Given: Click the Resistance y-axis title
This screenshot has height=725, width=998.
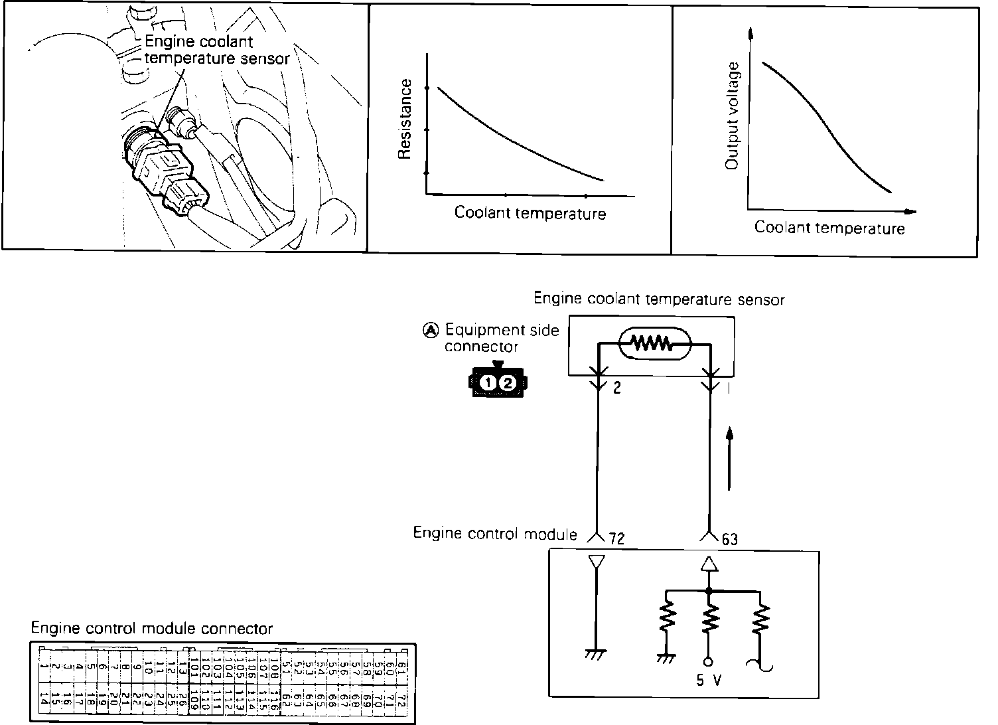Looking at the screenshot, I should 405,120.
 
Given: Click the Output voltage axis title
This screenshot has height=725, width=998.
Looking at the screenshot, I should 733,116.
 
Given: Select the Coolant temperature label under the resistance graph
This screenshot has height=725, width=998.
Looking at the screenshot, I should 530,213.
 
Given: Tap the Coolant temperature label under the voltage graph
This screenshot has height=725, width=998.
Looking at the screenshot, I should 829,228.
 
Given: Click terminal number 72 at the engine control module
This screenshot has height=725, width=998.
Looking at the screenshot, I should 616,538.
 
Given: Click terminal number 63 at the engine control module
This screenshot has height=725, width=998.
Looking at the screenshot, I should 729,538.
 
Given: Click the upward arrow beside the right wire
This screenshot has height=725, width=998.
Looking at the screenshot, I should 730,458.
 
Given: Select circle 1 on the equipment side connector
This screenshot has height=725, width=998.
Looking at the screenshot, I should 489,383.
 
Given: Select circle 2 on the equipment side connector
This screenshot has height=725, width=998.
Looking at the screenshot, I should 507,383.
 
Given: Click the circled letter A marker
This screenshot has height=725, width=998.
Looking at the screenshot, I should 431,330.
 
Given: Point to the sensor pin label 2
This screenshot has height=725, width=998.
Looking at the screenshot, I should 617,388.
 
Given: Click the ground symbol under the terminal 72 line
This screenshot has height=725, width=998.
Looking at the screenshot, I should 595,655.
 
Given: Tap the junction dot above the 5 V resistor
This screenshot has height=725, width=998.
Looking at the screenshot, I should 709,590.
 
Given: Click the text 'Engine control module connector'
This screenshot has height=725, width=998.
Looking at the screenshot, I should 152,628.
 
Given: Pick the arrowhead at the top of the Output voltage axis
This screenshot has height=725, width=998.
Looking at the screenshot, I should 750,33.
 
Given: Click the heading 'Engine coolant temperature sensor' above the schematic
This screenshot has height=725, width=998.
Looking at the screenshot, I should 659,299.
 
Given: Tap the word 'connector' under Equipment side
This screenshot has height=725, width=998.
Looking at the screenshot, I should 481,347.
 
